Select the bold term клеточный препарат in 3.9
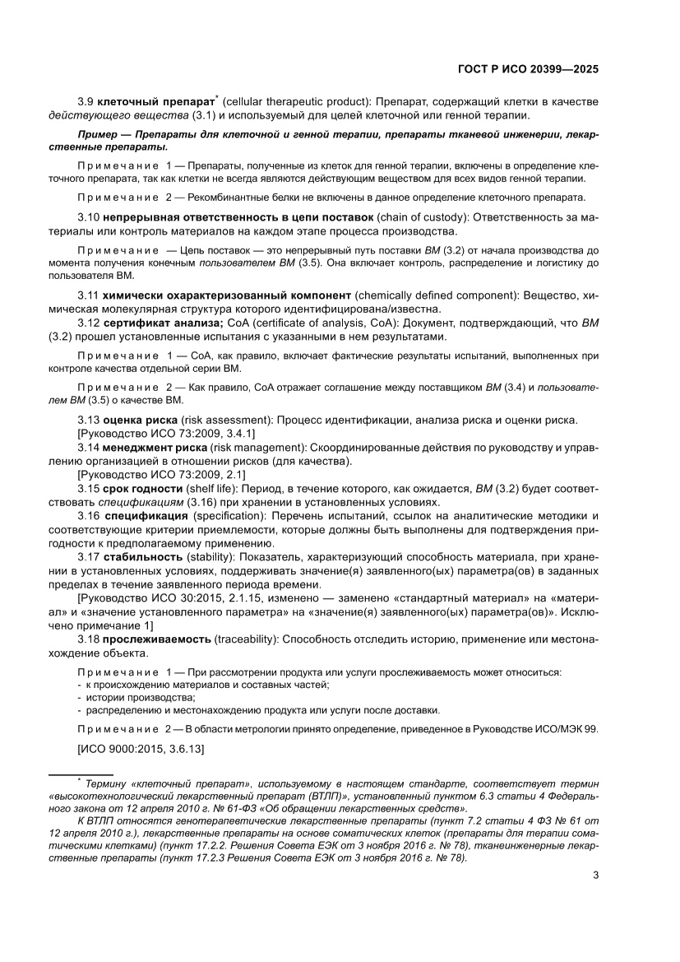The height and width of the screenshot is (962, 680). click(x=155, y=101)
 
